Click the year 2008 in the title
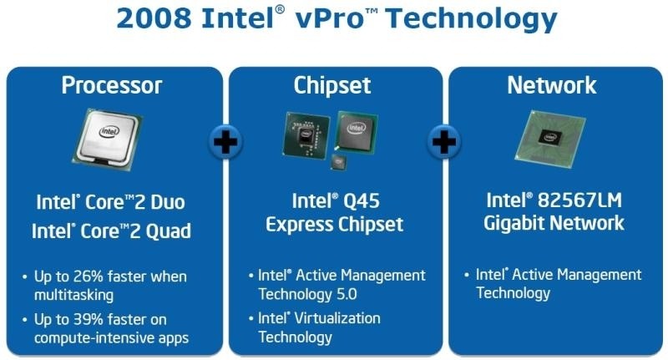tap(154, 18)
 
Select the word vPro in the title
tap(330, 18)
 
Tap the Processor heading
tap(112, 85)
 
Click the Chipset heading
tap(332, 85)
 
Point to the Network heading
tap(552, 85)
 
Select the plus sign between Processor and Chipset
tap(225, 142)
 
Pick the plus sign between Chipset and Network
tap(444, 142)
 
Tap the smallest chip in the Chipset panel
tap(339, 162)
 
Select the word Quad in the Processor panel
tap(169, 231)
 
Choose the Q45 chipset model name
tap(361, 201)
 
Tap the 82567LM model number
tap(579, 200)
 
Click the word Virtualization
tap(337, 318)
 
